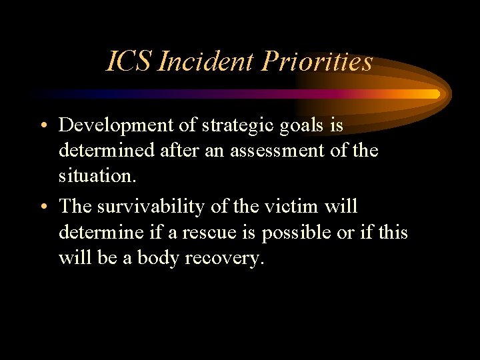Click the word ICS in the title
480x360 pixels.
point(131,62)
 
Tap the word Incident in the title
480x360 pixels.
point(207,62)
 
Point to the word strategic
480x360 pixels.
point(233,125)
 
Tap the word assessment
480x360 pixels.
point(289,151)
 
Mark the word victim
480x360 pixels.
point(291,207)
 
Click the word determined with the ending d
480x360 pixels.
point(107,151)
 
